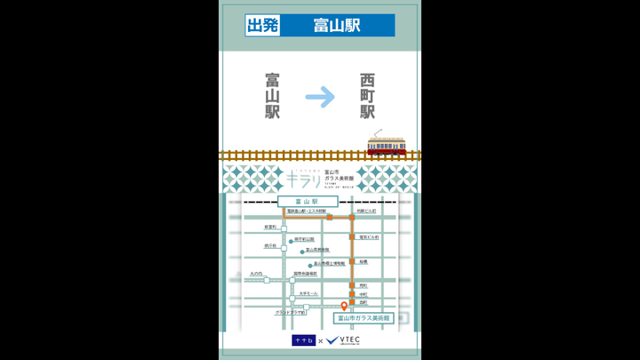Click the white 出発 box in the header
point(262,25)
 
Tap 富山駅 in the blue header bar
point(336,25)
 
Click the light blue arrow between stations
point(320,96)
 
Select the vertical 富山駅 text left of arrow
point(272,96)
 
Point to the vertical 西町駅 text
point(367,96)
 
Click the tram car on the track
point(387,146)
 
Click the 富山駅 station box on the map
point(304,202)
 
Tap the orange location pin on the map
point(345,307)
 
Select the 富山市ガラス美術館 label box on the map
point(363,317)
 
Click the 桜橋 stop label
point(363,261)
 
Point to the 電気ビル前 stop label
point(368,237)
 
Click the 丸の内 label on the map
point(256,274)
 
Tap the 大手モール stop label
point(308,293)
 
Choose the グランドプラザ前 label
point(290,313)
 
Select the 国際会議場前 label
point(304,274)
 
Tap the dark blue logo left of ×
point(303,340)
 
